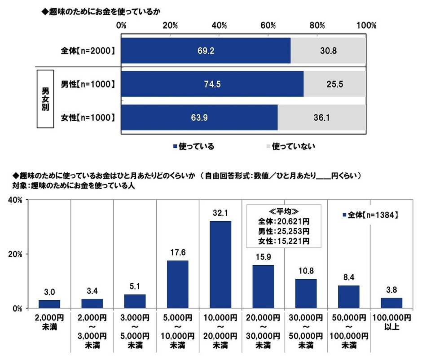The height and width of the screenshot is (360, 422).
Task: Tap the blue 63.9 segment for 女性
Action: (199, 117)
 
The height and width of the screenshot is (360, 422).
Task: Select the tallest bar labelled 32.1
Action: (220, 264)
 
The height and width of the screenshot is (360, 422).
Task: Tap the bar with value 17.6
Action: (178, 284)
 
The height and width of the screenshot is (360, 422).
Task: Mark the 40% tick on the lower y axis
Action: (12, 200)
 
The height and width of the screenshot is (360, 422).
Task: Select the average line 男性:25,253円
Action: (284, 232)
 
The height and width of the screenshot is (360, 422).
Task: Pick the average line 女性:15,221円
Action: (284, 241)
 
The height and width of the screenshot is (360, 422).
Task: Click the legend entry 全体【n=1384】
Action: (370, 215)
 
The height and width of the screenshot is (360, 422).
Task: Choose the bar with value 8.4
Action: (349, 297)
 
